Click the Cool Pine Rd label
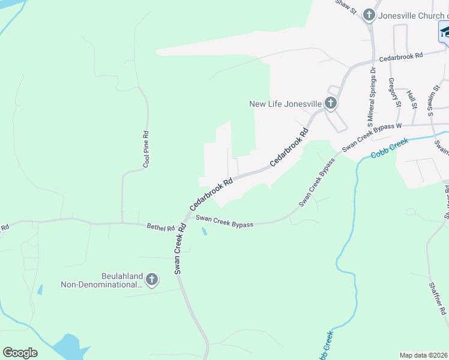point(145,149)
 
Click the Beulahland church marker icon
point(152,280)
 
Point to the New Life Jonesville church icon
point(331,104)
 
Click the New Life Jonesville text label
point(285,104)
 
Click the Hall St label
point(412,100)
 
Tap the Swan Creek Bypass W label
point(372,137)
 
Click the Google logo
point(20,353)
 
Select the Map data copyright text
point(424,355)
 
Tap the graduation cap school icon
point(444,32)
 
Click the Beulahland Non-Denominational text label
point(102,280)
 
